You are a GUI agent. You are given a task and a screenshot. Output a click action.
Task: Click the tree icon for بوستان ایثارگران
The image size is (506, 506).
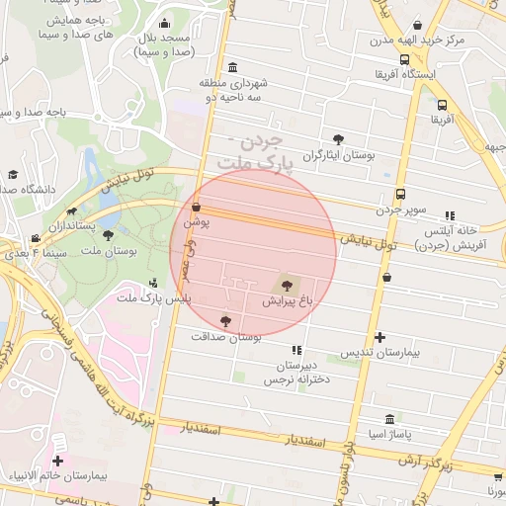pos(339,139)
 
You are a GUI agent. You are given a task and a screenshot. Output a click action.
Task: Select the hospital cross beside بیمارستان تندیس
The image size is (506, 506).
pos(379,337)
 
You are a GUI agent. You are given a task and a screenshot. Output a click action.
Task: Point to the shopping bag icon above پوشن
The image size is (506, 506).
pos(196,208)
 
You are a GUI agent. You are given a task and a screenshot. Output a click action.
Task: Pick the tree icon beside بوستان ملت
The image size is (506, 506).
pos(107,235)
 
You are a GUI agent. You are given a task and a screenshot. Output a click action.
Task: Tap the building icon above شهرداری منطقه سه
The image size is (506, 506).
pos(231,67)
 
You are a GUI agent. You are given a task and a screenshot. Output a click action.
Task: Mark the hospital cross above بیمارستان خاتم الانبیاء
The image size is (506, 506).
pos(57,460)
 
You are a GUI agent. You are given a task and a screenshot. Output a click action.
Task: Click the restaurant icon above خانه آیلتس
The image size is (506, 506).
pos(450,214)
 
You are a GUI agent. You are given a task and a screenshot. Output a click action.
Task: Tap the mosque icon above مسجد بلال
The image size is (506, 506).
pos(163,24)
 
